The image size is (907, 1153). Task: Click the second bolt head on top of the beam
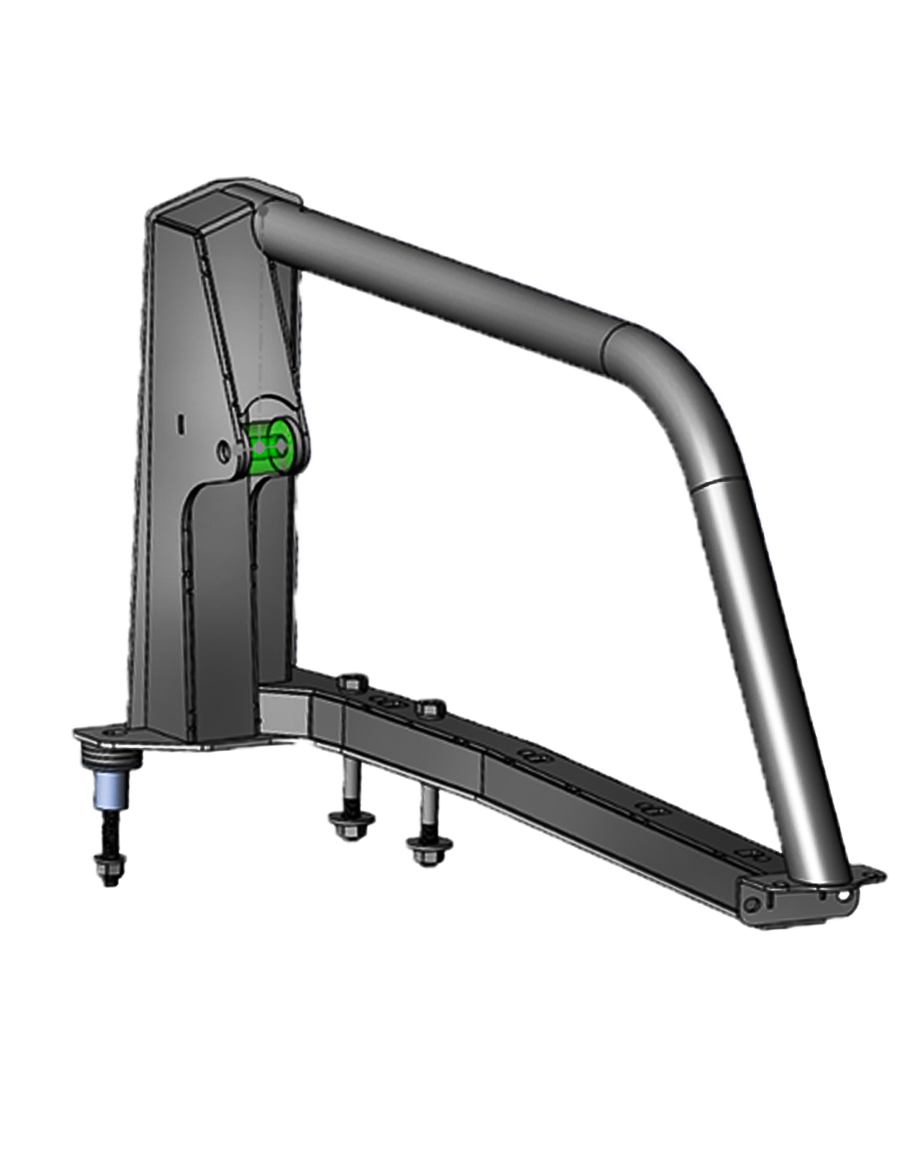click(x=427, y=709)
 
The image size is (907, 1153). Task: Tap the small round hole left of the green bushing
click(x=224, y=451)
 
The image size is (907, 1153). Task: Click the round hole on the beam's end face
click(x=751, y=902)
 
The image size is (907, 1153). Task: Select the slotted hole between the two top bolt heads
click(x=386, y=700)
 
